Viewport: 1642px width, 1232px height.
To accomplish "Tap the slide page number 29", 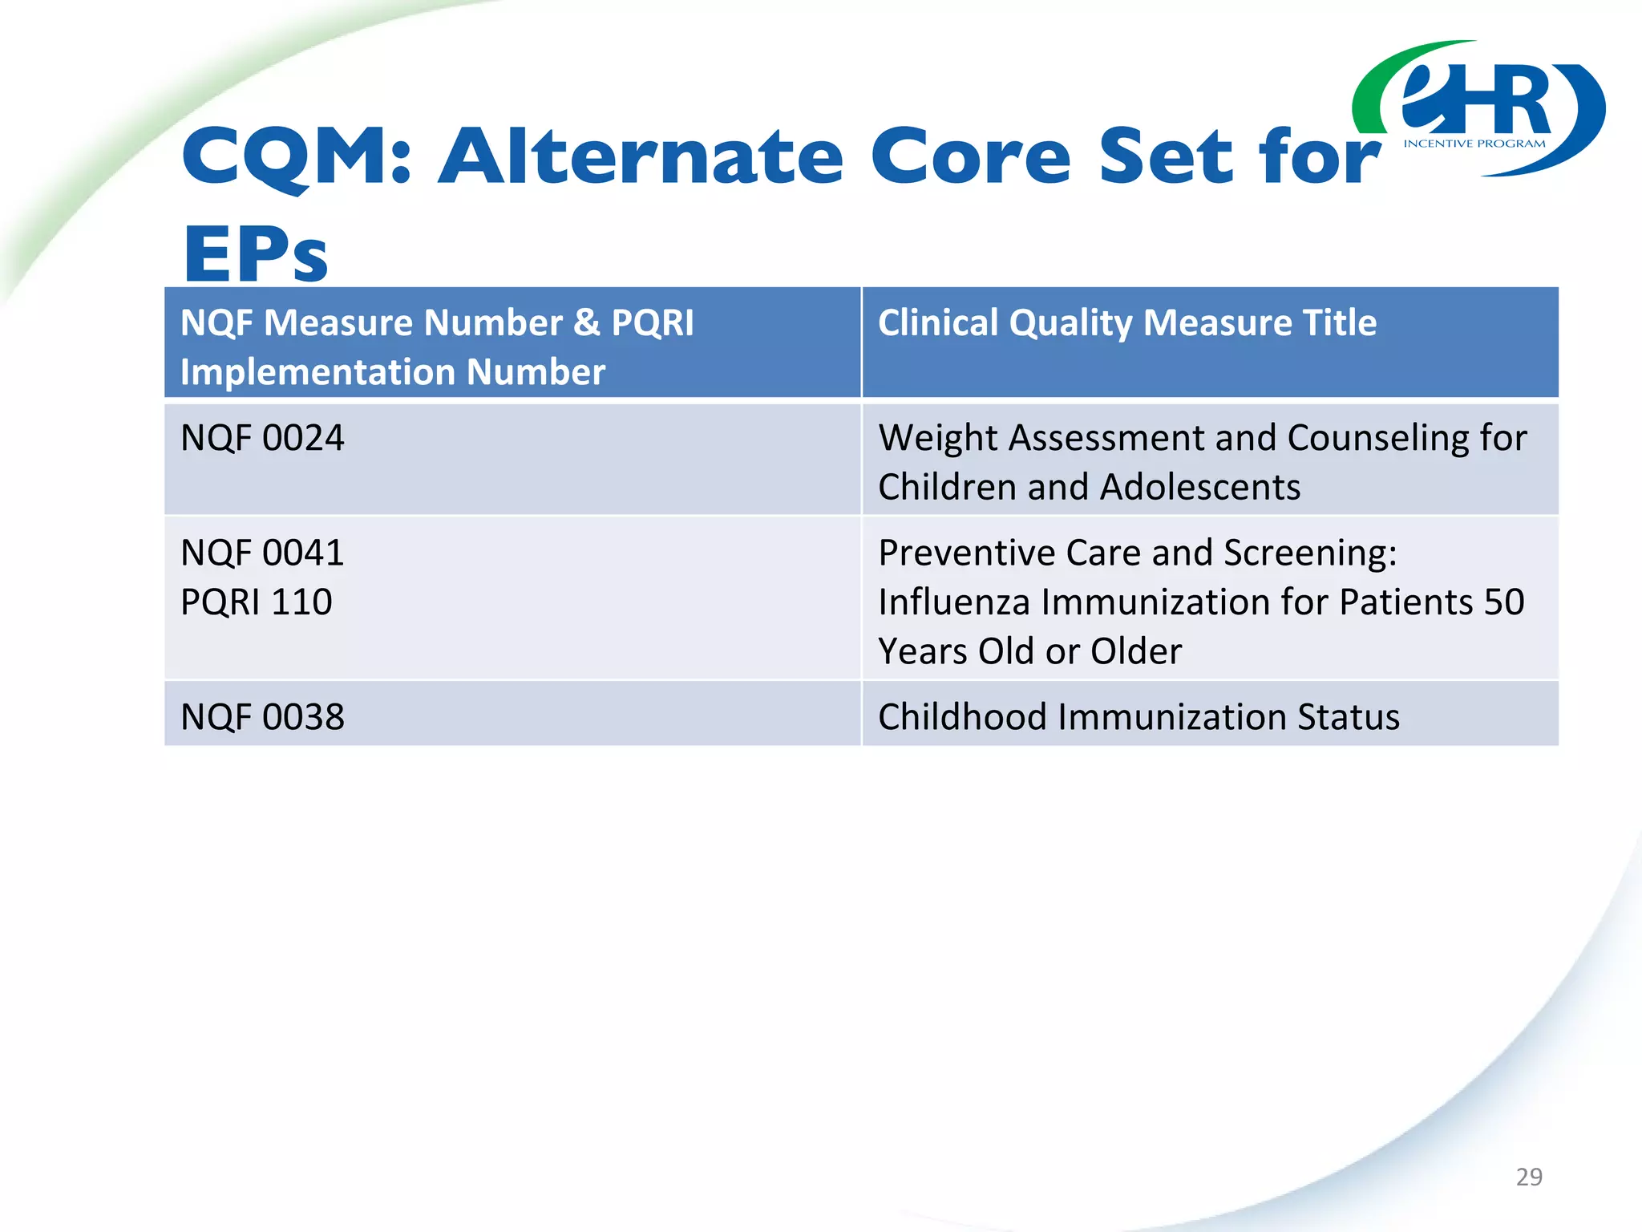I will [x=1529, y=1177].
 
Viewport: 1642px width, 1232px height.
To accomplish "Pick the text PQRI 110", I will [x=257, y=602].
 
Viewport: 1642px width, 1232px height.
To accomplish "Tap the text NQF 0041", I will [x=263, y=553].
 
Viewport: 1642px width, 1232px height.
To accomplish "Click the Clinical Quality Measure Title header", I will [x=1127, y=322].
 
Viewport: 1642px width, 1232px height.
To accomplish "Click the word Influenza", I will [x=954, y=602].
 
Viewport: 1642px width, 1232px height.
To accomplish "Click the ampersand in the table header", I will [x=587, y=322].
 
